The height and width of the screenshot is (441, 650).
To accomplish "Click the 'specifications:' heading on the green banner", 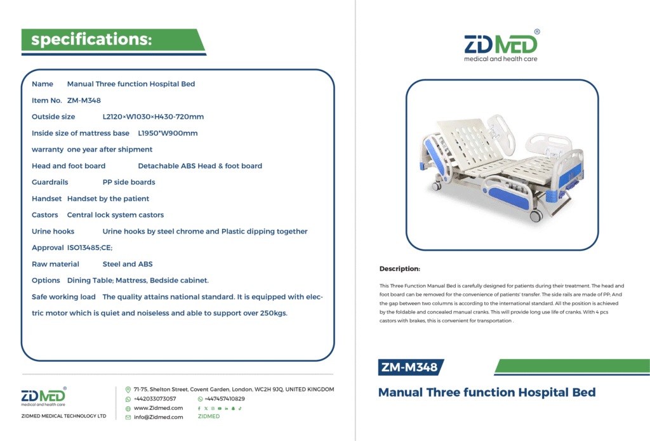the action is [91, 39].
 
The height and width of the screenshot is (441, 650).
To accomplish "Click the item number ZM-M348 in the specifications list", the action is [84, 100].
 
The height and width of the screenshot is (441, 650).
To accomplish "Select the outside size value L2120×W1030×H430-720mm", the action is [153, 117].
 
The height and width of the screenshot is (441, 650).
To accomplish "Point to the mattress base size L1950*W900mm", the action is [168, 133].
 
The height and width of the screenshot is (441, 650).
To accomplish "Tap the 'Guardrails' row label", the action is [50, 182].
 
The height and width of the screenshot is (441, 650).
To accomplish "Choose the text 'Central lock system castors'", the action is [116, 215].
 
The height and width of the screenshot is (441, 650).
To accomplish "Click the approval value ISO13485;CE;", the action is [90, 248].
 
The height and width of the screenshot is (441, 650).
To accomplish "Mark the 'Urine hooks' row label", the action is [53, 231].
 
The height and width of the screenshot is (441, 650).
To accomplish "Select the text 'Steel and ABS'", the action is [127, 264].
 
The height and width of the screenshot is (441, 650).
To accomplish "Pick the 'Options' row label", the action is [46, 280].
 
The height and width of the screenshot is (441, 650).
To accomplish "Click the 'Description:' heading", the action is [400, 268].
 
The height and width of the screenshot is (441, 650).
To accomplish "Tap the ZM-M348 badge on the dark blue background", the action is [409, 367].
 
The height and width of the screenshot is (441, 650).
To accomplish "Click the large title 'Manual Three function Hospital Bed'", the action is [487, 392].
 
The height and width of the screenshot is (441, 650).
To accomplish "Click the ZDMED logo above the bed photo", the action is [501, 46].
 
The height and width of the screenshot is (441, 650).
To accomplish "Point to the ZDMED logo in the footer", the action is [44, 396].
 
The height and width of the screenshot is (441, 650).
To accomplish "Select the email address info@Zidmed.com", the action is [158, 418].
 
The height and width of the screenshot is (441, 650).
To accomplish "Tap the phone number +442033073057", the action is [155, 398].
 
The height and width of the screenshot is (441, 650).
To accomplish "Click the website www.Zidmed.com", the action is [158, 408].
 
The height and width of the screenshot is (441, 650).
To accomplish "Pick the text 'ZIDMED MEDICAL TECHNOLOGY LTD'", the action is [64, 416].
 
